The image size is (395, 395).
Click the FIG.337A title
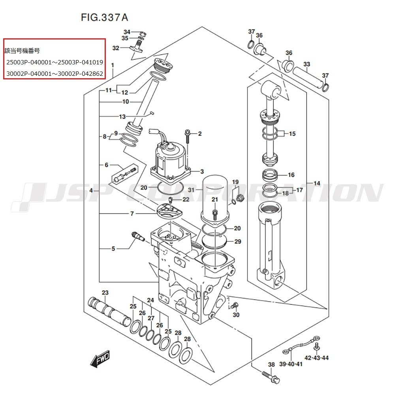pos(104,17)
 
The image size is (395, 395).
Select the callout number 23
pos(105,293)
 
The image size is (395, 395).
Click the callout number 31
pos(192,190)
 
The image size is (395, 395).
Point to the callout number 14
pos(317,183)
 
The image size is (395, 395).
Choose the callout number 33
pos(307,64)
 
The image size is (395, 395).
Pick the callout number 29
pos(237,241)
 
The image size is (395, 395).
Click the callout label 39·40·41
pos(292,364)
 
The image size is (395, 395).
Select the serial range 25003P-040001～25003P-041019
pos(55,62)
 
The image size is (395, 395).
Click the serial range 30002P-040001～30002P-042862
pos(55,73)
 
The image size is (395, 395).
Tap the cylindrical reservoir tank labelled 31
pos(215,197)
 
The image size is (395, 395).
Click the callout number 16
pos(291,175)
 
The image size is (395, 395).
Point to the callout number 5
pos(113,249)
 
